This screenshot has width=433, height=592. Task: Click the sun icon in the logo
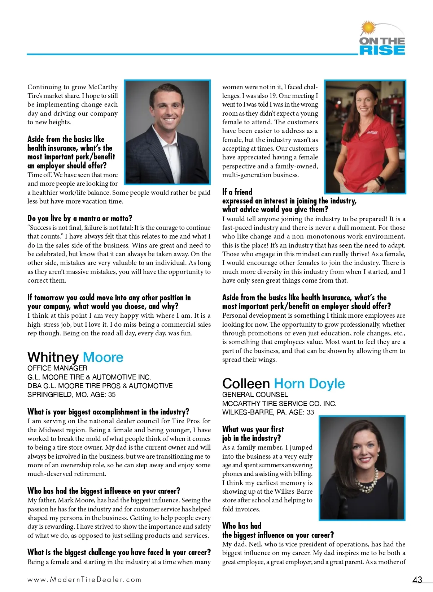pos(368,28)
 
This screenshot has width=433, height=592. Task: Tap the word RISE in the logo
pos(382,50)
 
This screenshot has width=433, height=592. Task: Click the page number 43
pos(417,580)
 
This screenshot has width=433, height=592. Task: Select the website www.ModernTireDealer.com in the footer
pos(84,579)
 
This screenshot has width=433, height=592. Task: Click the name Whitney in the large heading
pos(53,357)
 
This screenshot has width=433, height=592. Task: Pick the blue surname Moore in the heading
pos(103,357)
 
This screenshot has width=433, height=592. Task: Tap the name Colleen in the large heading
pos(246,383)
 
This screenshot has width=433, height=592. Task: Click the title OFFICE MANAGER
pos(57,368)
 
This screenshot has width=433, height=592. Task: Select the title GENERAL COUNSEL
pos(255,394)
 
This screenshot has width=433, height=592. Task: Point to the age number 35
pos(111,394)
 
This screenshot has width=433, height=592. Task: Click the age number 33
pos(310,412)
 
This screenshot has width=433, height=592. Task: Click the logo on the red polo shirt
pos(372,133)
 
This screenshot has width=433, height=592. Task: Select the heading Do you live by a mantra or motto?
pos(80,218)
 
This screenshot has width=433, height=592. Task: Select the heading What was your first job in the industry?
pos(253,434)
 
